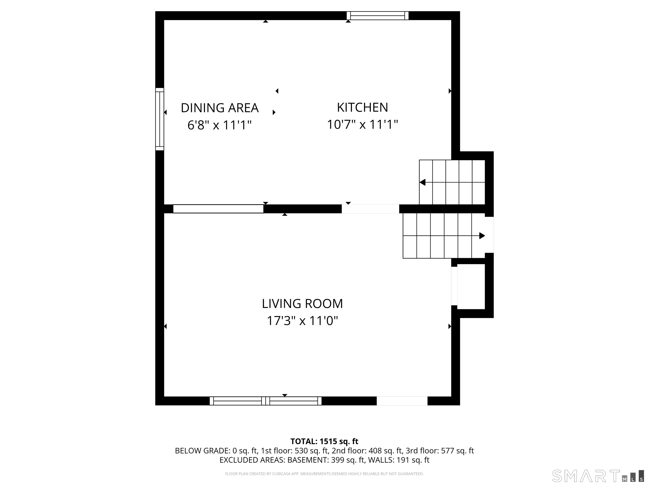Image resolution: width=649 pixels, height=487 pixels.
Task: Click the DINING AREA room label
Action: (220, 108)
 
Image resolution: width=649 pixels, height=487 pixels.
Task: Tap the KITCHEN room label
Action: (362, 107)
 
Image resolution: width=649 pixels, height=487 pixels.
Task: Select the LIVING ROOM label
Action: (302, 304)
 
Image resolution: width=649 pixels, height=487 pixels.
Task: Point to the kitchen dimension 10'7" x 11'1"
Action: (362, 124)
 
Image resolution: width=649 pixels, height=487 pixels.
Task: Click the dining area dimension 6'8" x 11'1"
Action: (220, 125)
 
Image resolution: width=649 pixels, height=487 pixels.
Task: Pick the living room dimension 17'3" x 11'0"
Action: (302, 321)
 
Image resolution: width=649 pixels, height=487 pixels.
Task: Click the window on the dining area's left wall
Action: (160, 119)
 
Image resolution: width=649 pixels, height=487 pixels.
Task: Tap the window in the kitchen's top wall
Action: (378, 16)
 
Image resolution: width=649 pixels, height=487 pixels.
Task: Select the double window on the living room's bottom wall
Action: (266, 401)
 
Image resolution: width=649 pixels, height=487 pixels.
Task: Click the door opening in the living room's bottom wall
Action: (402, 401)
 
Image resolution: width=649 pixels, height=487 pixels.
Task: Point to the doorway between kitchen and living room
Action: (370, 209)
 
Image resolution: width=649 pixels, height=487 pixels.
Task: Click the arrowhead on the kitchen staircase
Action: (423, 182)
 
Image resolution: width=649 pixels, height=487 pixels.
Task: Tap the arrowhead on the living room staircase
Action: (482, 236)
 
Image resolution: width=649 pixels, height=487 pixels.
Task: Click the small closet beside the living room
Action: (471, 286)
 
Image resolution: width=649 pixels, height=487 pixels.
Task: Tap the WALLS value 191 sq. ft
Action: (413, 460)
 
